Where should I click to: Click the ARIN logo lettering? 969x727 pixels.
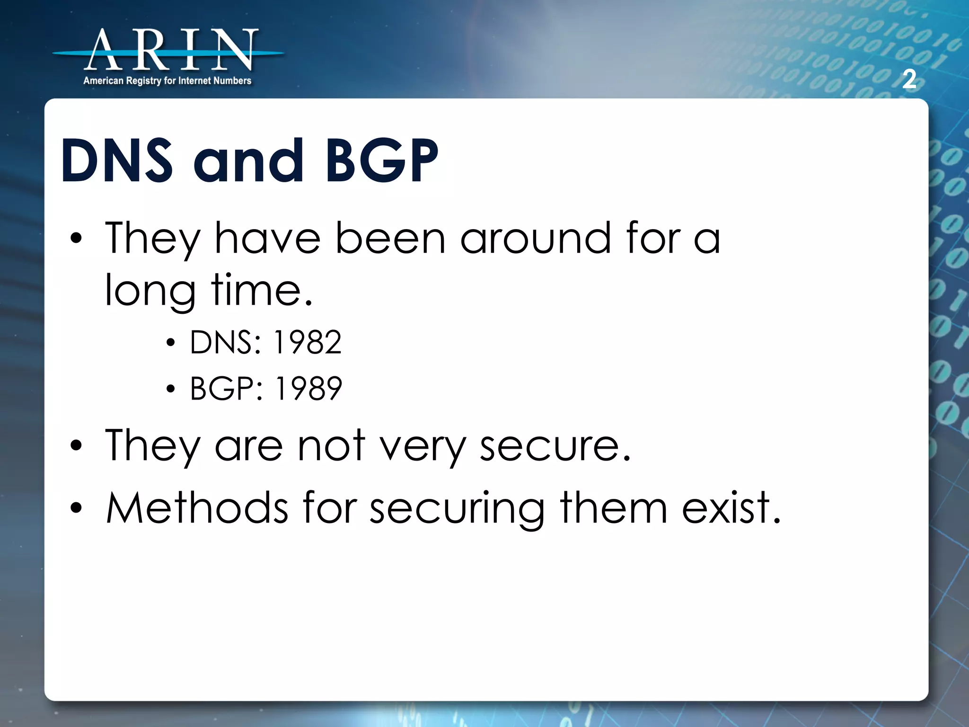[170, 50]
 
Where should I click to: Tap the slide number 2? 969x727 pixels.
[909, 79]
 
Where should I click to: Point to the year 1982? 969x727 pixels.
[308, 342]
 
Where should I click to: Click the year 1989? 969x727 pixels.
[308, 388]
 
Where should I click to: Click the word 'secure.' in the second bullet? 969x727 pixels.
[555, 446]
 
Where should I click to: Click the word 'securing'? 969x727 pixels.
[457, 509]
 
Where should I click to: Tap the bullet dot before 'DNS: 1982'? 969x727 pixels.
[171, 343]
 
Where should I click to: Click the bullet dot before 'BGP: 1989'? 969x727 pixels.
[171, 390]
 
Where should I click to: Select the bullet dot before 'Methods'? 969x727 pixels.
[76, 508]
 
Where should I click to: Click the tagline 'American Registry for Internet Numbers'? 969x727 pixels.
[167, 81]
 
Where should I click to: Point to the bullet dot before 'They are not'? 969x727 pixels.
[76, 446]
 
